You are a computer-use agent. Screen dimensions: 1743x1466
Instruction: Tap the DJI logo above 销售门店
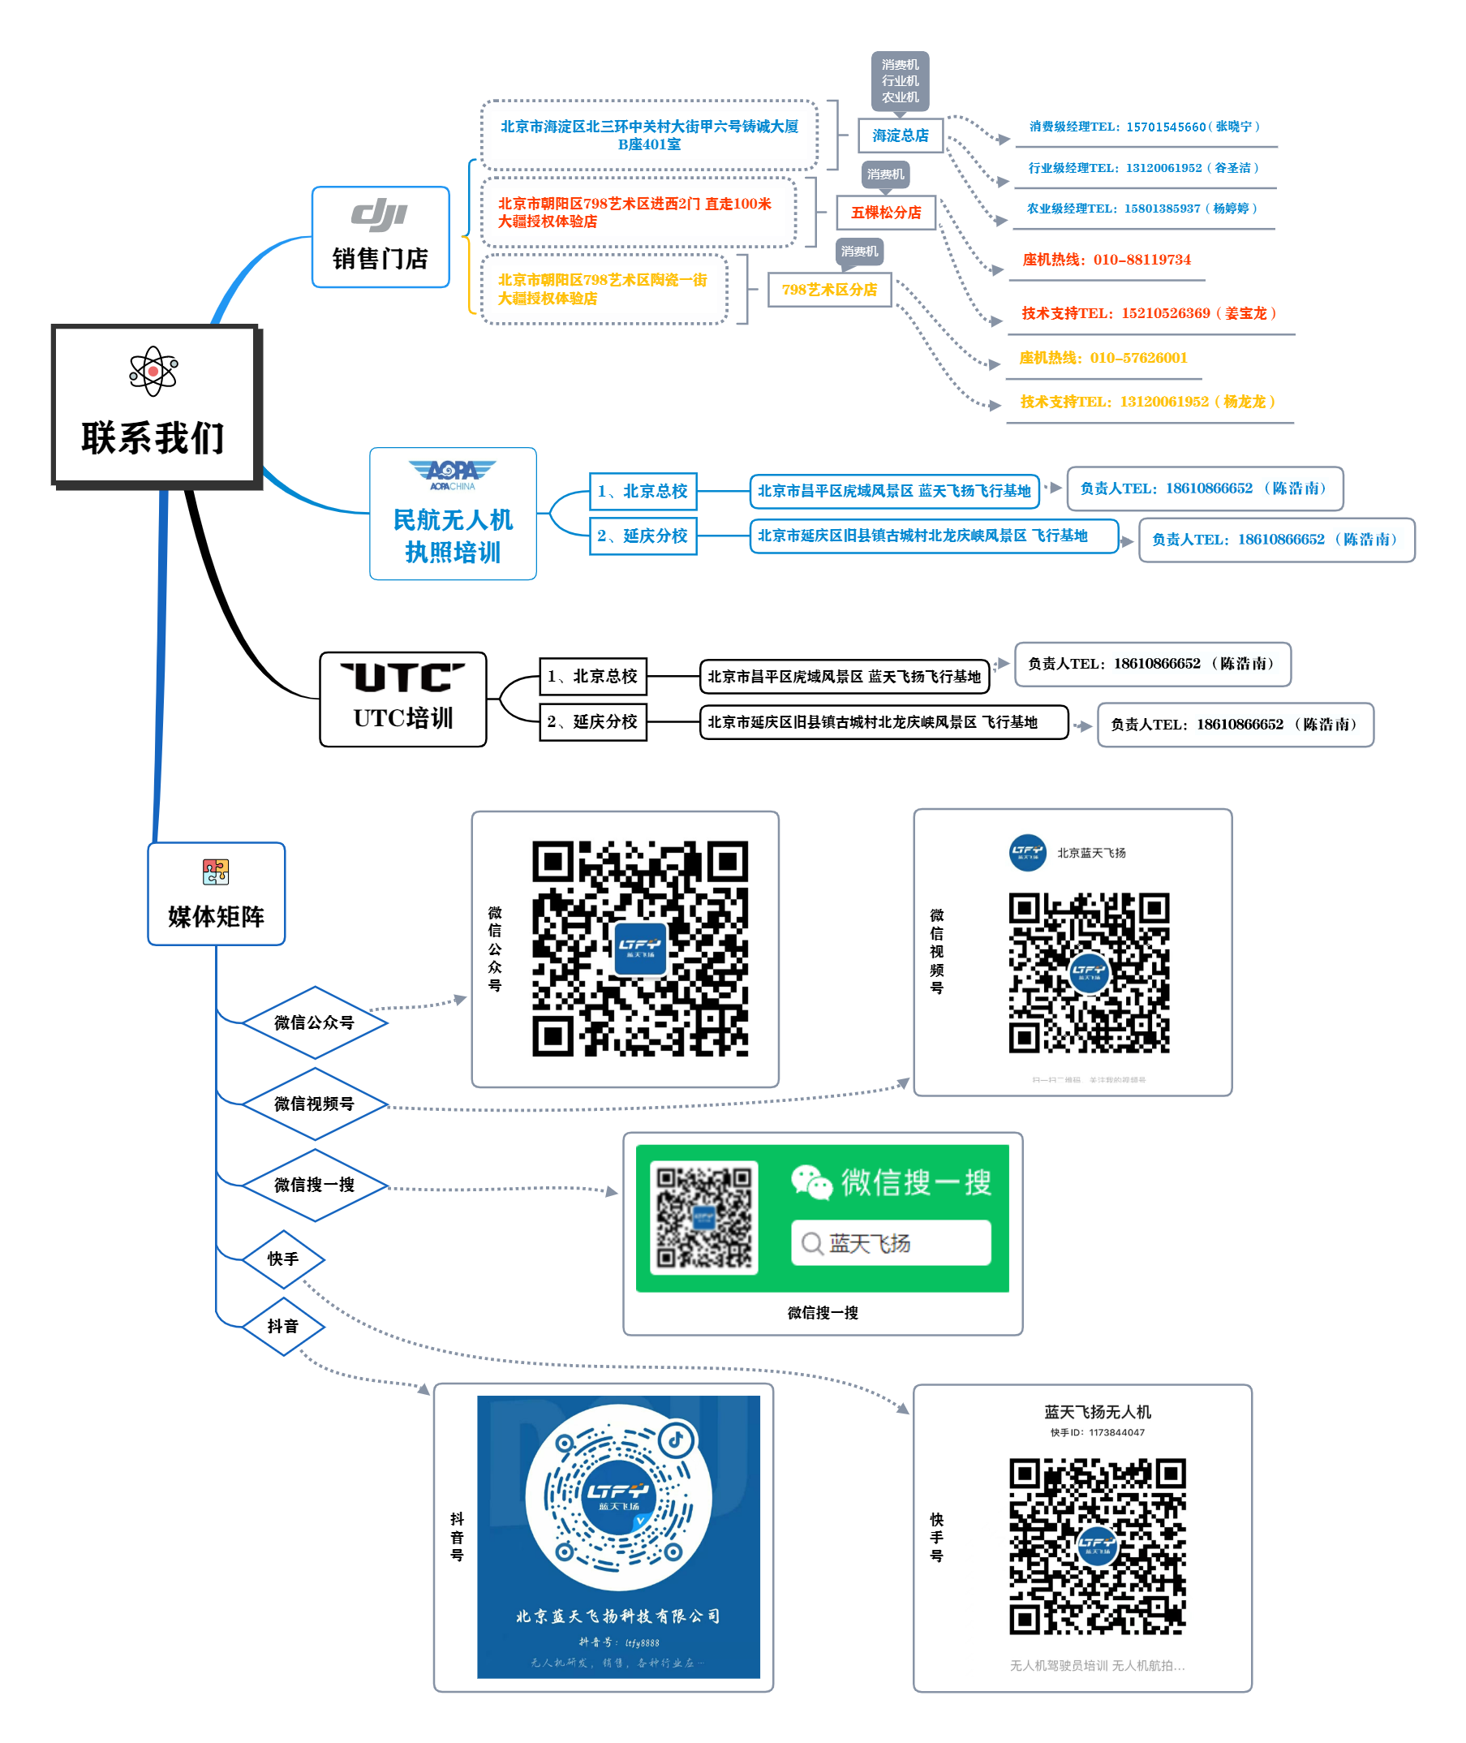point(379,214)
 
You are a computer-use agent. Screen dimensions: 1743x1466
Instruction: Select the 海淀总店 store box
point(900,136)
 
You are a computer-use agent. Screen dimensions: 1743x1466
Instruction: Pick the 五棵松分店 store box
point(886,213)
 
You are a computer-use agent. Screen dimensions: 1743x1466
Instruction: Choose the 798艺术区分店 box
point(828,289)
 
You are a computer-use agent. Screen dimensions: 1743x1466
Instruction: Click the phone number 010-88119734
point(1141,260)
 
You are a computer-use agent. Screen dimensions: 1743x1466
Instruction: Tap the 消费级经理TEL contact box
point(1146,127)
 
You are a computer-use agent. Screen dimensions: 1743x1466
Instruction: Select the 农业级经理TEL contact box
point(1143,209)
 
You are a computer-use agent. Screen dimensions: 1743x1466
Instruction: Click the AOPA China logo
point(452,474)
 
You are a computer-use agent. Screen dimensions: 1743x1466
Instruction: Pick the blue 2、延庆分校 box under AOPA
point(643,536)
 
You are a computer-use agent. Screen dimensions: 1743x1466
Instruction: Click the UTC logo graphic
point(402,678)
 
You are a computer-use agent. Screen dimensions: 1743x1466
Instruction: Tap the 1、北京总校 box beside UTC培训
point(592,676)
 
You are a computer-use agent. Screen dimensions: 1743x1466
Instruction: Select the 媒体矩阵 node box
point(216,893)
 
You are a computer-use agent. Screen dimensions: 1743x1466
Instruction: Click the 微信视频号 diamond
point(314,1103)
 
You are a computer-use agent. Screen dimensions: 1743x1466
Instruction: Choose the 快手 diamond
point(282,1259)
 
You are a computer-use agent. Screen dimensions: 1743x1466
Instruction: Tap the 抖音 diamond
point(282,1326)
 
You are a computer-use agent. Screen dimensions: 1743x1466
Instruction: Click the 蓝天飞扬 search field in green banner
point(890,1242)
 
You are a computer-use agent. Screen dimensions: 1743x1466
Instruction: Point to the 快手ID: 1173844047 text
point(1097,1432)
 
